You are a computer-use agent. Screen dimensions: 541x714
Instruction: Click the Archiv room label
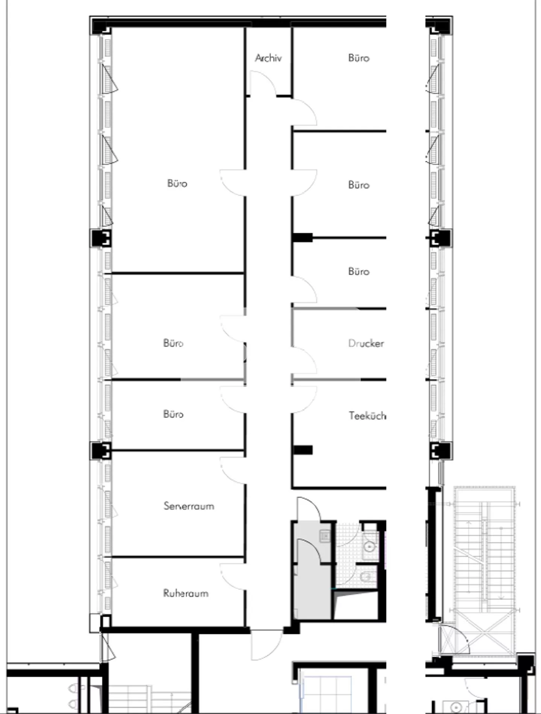pos(268,58)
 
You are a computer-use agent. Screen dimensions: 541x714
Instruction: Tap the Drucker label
pos(366,343)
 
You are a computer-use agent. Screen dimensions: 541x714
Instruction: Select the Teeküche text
pos(367,415)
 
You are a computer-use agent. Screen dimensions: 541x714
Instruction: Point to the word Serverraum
pos(189,506)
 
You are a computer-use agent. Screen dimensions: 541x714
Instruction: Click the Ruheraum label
pos(186,593)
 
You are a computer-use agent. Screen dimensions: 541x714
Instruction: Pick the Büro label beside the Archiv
pos(359,58)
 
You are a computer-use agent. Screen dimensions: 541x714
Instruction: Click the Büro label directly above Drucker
pos(359,271)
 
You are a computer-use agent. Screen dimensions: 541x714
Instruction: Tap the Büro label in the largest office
pos(177,183)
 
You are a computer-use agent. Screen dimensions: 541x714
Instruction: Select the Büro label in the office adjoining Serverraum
pos(173,414)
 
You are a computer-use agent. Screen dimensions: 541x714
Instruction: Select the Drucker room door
pos(304,360)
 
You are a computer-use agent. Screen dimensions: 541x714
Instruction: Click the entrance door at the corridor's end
pos(266,644)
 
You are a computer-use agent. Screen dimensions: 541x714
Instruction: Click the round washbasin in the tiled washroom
pos(370,546)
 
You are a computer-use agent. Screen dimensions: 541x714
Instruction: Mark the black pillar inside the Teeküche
pos(303,450)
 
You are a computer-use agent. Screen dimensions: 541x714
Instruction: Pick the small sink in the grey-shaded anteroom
pos(325,535)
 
